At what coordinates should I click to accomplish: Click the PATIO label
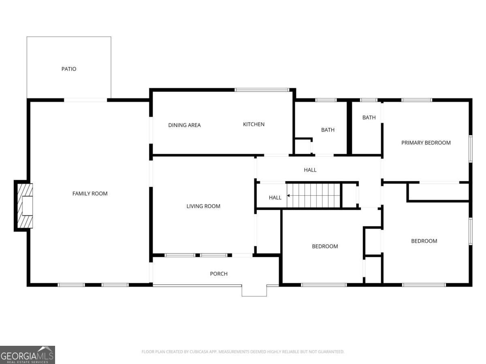pyautogui.click(x=69, y=69)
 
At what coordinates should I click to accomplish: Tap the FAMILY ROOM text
pyautogui.click(x=90, y=194)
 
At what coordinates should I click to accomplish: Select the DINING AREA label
pyautogui.click(x=184, y=125)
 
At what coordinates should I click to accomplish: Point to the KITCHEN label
pyautogui.click(x=254, y=124)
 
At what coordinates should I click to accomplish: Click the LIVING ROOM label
pyautogui.click(x=203, y=206)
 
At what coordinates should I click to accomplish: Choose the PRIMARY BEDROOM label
pyautogui.click(x=426, y=143)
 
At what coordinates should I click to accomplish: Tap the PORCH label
pyautogui.click(x=219, y=274)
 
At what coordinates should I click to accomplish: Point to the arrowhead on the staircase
pyautogui.click(x=288, y=196)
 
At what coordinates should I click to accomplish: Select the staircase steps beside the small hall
pyautogui.click(x=313, y=196)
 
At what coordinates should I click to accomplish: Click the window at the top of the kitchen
pyautogui.click(x=262, y=90)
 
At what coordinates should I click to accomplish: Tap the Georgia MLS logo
pyautogui.click(x=28, y=355)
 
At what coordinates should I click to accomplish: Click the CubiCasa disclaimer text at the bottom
pyautogui.click(x=243, y=351)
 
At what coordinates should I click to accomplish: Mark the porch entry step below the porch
pyautogui.click(x=254, y=291)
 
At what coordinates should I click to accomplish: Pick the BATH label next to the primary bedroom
pyautogui.click(x=369, y=118)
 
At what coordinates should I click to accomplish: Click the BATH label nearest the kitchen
pyautogui.click(x=328, y=130)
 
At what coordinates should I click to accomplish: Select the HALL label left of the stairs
pyautogui.click(x=275, y=198)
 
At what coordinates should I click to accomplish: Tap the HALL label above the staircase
pyautogui.click(x=310, y=170)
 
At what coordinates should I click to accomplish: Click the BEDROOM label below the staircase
pyautogui.click(x=325, y=246)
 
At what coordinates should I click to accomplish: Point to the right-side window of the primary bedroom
pyautogui.click(x=471, y=149)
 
